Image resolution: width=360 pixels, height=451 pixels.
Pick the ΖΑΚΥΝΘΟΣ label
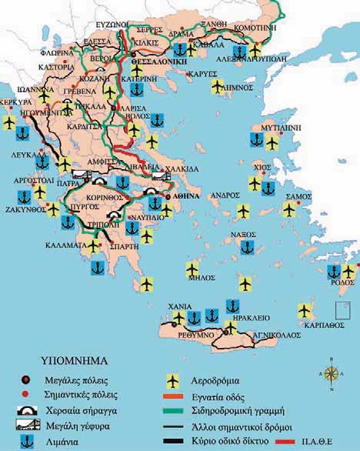[x=25, y=208]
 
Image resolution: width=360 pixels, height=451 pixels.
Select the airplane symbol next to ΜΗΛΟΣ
[x=192, y=269]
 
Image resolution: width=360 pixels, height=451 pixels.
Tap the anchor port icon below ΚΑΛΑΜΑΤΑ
[x=97, y=266]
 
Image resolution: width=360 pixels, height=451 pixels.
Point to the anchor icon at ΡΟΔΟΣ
[x=334, y=271]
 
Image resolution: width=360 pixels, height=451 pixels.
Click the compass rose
[x=332, y=375]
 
